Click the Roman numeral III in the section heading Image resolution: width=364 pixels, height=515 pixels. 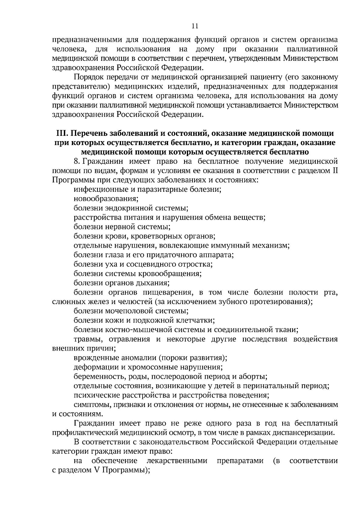62,134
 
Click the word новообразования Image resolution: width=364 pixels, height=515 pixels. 106,199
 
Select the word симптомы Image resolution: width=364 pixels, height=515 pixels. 89,405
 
